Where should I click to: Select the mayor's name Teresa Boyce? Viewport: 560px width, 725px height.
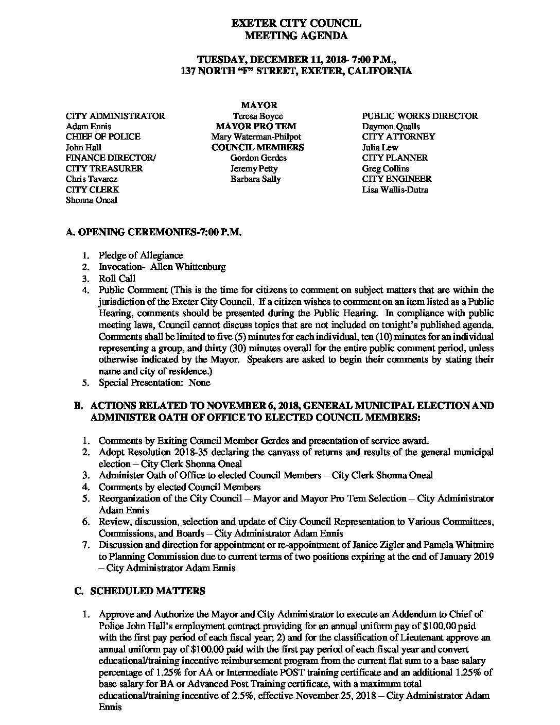[257, 116]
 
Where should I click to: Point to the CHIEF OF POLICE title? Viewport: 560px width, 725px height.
[103, 136]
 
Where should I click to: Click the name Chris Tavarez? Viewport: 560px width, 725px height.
[92, 179]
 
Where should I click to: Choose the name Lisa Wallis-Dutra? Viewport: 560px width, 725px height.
[395, 189]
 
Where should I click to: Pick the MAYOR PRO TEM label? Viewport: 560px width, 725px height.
[256, 126]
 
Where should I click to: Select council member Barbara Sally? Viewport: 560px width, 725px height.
[256, 179]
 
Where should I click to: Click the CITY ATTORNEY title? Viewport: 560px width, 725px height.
[398, 136]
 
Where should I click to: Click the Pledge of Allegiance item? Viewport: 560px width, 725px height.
[141, 255]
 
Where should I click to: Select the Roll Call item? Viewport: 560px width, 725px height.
[117, 279]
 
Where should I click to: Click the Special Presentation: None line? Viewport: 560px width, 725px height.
[154, 383]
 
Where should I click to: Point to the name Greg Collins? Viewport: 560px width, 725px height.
[386, 168]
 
